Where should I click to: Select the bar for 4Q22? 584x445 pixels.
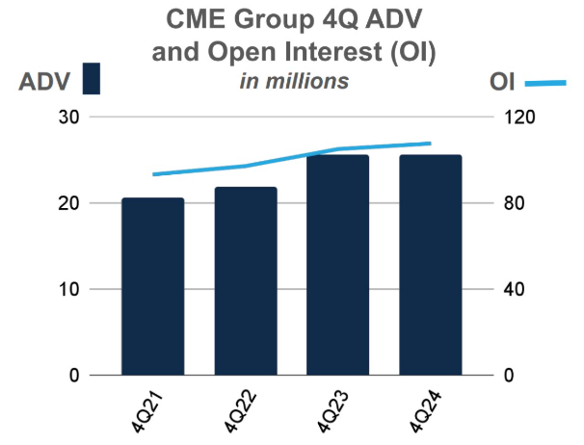(x=246, y=281)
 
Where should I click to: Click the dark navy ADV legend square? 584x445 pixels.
(x=92, y=79)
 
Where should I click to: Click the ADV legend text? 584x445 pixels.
(x=44, y=80)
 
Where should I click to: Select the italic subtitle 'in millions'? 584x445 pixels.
(x=294, y=81)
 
